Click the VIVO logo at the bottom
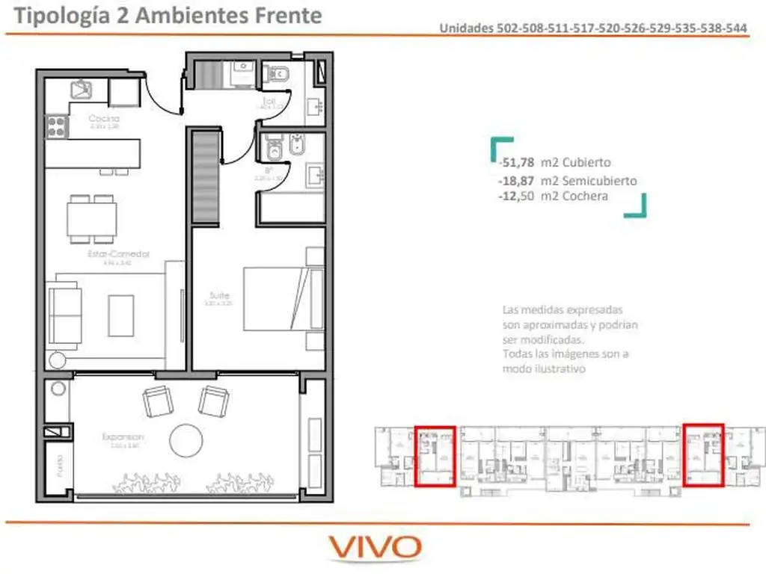[376, 548]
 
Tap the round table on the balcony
[186, 440]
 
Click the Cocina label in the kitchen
[104, 119]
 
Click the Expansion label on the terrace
[124, 436]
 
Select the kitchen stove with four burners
[57, 126]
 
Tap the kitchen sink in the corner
[81, 90]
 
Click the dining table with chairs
[92, 218]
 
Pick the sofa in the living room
[64, 315]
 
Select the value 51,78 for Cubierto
[515, 162]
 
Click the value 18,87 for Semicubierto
[515, 181]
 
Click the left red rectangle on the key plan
[435, 456]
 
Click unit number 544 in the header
[737, 28]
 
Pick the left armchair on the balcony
[157, 401]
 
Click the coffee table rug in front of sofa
[120, 315]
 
